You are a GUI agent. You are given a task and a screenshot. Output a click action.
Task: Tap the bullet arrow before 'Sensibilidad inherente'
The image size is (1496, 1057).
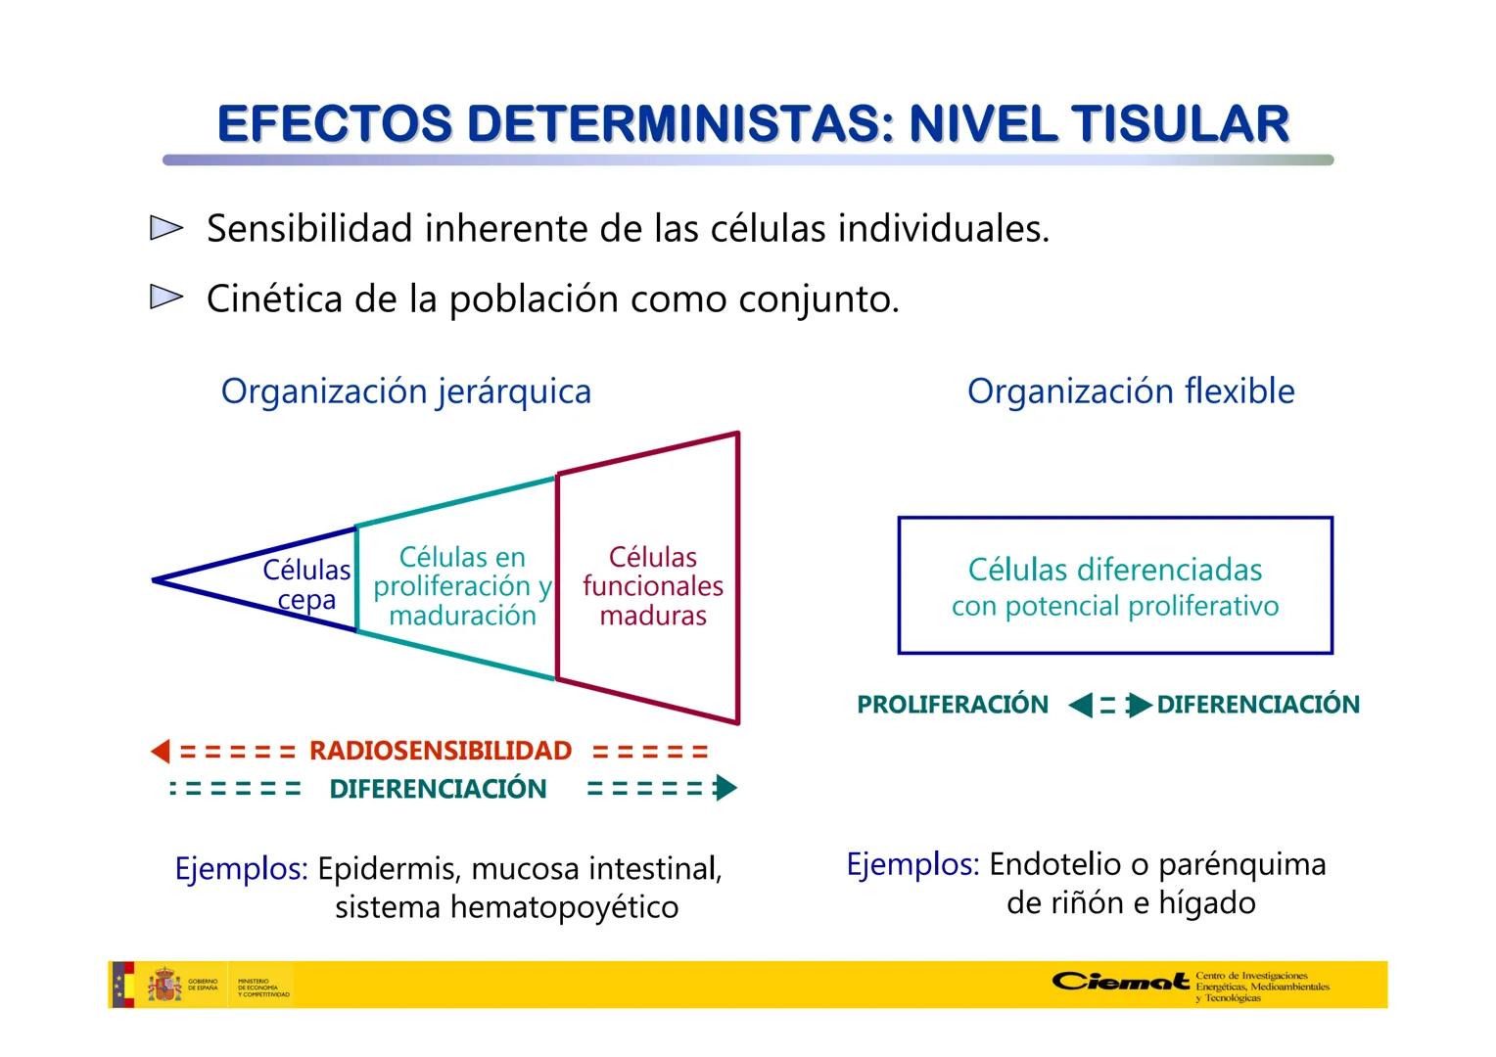[x=166, y=229]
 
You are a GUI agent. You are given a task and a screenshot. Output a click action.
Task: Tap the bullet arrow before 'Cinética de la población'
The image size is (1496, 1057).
[x=166, y=298]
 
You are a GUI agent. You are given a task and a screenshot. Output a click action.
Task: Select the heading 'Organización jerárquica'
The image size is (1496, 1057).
[x=405, y=391]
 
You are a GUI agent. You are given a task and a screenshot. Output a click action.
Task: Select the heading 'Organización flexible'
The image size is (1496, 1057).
[x=1130, y=391]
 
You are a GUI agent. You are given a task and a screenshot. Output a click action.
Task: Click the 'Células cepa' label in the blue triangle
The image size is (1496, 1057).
[x=306, y=584]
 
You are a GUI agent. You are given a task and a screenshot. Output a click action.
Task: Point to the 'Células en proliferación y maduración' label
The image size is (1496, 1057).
[x=462, y=585]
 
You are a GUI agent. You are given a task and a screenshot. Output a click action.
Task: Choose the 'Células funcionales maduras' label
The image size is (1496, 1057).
[x=652, y=585]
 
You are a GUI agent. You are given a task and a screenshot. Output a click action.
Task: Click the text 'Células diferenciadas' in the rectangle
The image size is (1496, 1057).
[x=1114, y=569]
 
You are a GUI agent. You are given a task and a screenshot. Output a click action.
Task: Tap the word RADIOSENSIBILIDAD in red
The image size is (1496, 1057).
[x=440, y=751]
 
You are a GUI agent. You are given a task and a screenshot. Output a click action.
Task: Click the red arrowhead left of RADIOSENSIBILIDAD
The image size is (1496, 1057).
[x=161, y=752]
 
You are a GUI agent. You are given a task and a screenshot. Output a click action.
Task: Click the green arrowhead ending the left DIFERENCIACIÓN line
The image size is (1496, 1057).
[x=725, y=788]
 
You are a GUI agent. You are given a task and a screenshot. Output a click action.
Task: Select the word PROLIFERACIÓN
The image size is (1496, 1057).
[x=952, y=705]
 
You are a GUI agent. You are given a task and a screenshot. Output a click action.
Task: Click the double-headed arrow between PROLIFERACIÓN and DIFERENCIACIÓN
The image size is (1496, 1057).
[x=1108, y=705]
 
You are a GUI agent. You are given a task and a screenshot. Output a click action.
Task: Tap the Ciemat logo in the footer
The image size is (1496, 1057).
[x=1120, y=982]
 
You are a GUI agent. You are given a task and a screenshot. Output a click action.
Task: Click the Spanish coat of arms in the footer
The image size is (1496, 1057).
[x=164, y=985]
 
